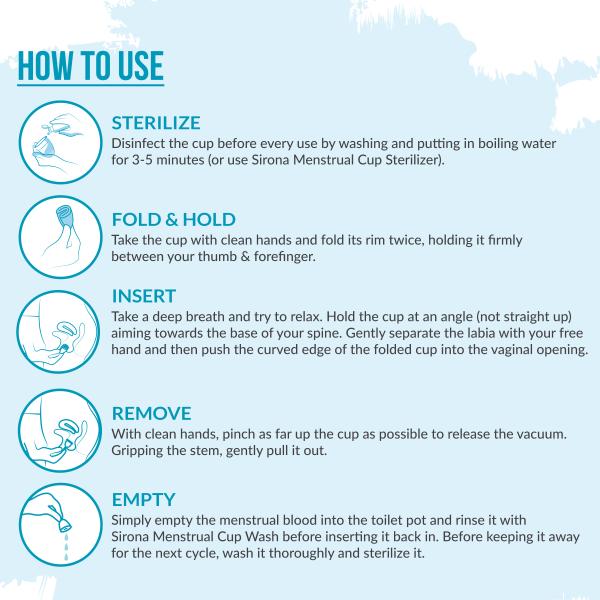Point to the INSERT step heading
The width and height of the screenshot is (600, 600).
(144, 296)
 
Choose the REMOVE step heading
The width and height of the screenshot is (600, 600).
(150, 413)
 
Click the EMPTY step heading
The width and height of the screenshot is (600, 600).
(144, 499)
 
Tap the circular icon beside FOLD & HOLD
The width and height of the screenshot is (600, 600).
(58, 236)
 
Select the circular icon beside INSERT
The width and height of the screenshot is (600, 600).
(58, 331)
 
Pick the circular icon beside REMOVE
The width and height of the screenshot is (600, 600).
(58, 429)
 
